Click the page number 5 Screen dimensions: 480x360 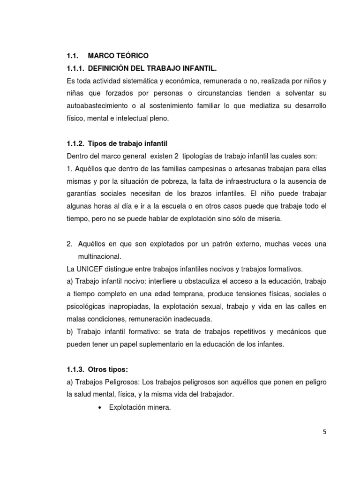tap(324, 432)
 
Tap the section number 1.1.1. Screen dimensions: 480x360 tap(76, 68)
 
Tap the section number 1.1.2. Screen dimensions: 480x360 tap(76, 143)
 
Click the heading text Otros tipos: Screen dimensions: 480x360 tap(107, 369)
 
